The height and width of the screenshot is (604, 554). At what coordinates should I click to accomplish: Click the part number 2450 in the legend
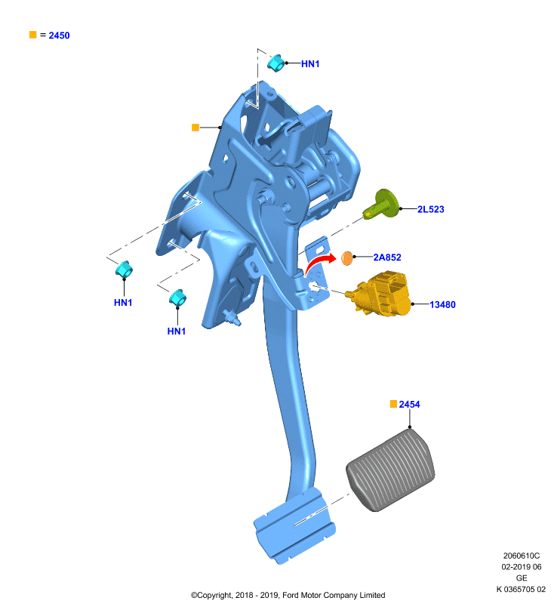pyautogui.click(x=59, y=35)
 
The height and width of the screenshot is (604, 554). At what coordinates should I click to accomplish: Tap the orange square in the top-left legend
pyautogui.click(x=32, y=35)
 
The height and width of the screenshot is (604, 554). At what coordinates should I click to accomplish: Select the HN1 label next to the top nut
pyautogui.click(x=310, y=64)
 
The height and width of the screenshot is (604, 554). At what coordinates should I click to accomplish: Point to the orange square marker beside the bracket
pyautogui.click(x=195, y=127)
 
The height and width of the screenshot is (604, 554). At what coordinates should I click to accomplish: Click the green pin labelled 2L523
pyautogui.click(x=381, y=204)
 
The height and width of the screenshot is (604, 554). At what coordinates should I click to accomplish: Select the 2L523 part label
pyautogui.click(x=431, y=209)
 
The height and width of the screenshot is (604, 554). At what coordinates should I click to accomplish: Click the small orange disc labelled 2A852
pyautogui.click(x=347, y=258)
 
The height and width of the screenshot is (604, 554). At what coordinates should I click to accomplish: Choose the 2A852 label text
pyautogui.click(x=387, y=257)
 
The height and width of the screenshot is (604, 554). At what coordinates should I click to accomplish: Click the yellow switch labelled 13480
pyautogui.click(x=379, y=294)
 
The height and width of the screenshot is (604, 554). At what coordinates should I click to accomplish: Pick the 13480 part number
pyautogui.click(x=442, y=305)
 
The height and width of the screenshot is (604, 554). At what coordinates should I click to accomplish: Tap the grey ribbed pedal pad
pyautogui.click(x=390, y=470)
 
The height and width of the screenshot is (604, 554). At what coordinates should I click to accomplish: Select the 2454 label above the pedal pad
pyautogui.click(x=409, y=405)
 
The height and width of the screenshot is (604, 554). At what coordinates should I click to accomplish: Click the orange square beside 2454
pyautogui.click(x=393, y=404)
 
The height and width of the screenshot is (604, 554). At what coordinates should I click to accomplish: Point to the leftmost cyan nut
pyautogui.click(x=124, y=270)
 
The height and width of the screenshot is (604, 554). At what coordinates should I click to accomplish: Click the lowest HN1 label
pyautogui.click(x=177, y=331)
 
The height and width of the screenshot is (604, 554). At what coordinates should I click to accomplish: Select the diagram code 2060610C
pyautogui.click(x=522, y=556)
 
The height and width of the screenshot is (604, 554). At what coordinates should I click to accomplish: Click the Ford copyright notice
pyautogui.click(x=288, y=595)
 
